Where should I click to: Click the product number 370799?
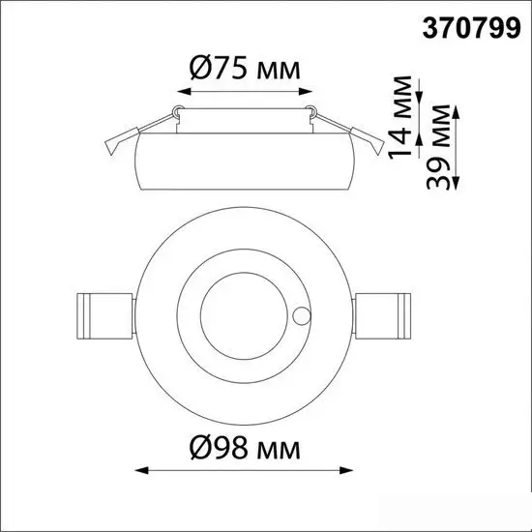471,28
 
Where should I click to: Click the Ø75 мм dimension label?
245,69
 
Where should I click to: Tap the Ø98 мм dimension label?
245,448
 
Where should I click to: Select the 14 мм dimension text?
400,117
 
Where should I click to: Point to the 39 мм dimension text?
438,147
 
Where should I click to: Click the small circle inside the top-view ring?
301,316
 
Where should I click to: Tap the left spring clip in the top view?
104,316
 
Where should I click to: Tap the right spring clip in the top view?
383,316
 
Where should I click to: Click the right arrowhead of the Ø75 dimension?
306,91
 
